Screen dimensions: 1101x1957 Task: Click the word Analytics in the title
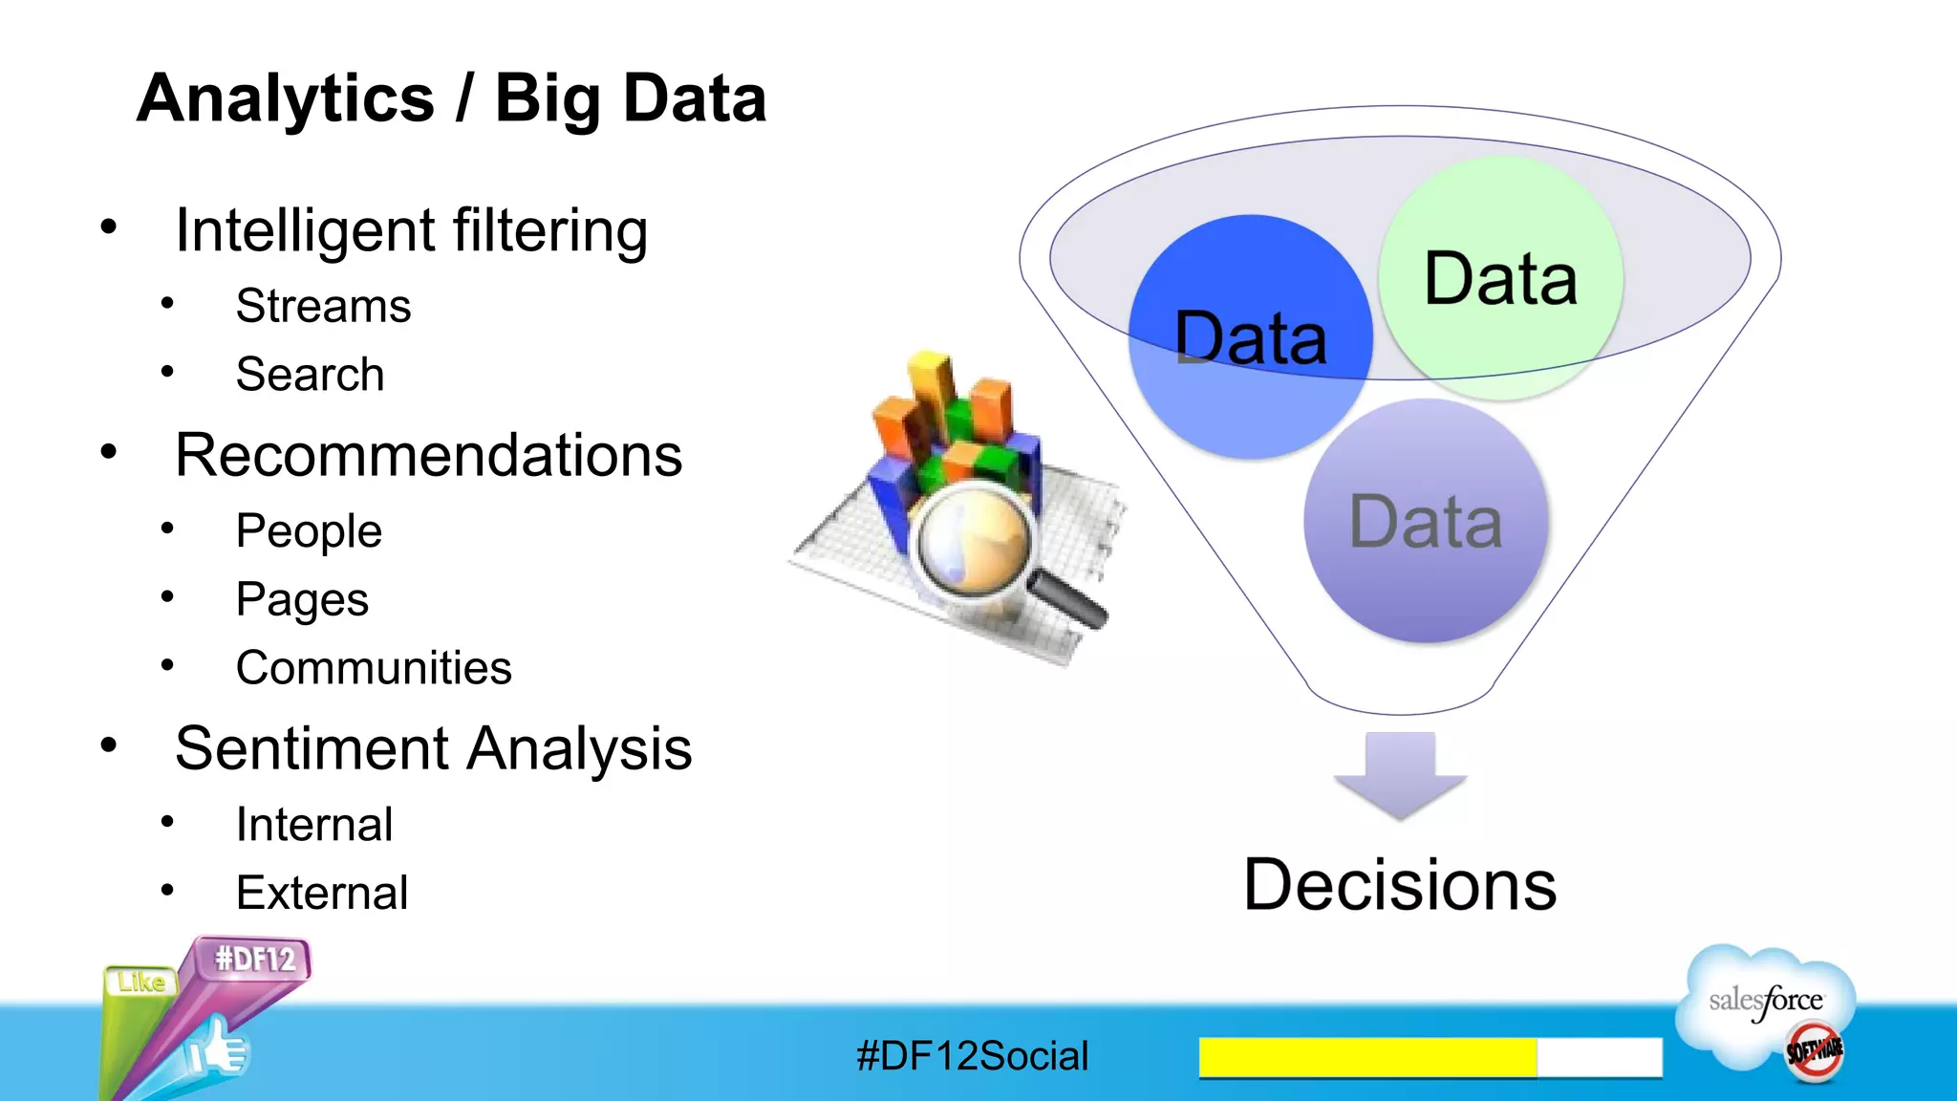(285, 98)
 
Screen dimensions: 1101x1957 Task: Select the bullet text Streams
(323, 307)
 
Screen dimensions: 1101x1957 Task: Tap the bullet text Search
(310, 375)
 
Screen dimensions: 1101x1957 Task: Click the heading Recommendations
(428, 455)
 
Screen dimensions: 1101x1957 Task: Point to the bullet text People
(308, 531)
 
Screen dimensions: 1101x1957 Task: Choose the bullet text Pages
(301, 600)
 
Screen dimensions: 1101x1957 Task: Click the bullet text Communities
(373, 668)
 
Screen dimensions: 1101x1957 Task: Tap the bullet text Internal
(313, 825)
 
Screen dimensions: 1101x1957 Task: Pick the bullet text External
(321, 894)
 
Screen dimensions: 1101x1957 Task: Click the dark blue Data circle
(1249, 336)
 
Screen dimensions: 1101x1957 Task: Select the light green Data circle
(1500, 277)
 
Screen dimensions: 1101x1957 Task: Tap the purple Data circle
(1425, 521)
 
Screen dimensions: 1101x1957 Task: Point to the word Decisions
(1399, 885)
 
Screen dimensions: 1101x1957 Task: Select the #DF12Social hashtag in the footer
(972, 1056)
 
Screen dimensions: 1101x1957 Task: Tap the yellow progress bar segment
(1366, 1057)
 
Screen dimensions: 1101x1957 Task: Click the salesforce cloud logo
(1766, 1004)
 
